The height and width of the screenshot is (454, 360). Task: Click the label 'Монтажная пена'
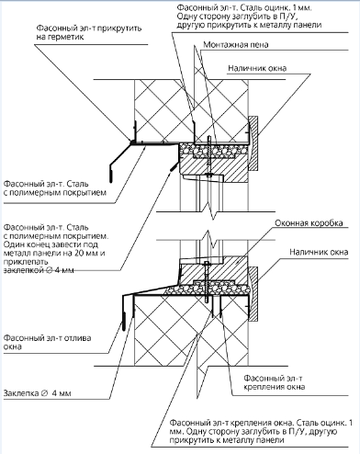point(236,45)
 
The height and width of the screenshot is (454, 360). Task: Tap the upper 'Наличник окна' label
point(257,68)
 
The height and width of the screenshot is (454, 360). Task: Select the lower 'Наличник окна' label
point(319,252)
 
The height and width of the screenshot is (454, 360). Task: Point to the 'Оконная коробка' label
point(309,223)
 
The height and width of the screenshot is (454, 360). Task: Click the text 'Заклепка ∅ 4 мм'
point(38,393)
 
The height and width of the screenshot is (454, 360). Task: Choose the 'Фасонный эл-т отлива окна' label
point(47,343)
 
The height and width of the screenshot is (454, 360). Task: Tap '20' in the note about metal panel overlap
point(80,254)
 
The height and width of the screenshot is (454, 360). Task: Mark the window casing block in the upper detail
point(253,143)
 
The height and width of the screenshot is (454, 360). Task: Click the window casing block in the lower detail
point(253,293)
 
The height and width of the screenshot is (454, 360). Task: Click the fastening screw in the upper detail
point(208,156)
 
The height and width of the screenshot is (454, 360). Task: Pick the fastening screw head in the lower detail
point(207,263)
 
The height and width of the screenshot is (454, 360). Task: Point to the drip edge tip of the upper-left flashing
point(110,174)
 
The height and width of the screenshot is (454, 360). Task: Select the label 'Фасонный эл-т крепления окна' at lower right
point(275,382)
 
